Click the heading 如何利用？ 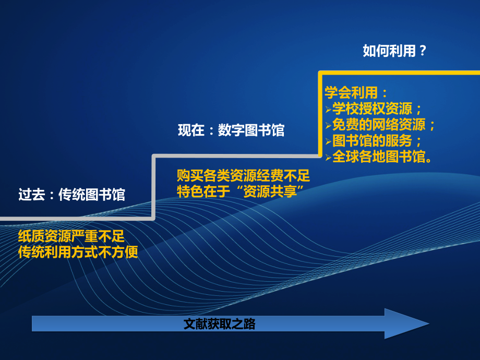click(395, 51)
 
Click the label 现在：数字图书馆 click(231, 130)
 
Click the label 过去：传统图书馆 click(71, 195)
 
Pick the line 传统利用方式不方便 click(78, 252)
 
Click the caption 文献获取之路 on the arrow click(220, 324)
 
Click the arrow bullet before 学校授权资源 click(328, 110)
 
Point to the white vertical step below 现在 click(153, 187)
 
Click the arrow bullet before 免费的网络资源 click(328, 126)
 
